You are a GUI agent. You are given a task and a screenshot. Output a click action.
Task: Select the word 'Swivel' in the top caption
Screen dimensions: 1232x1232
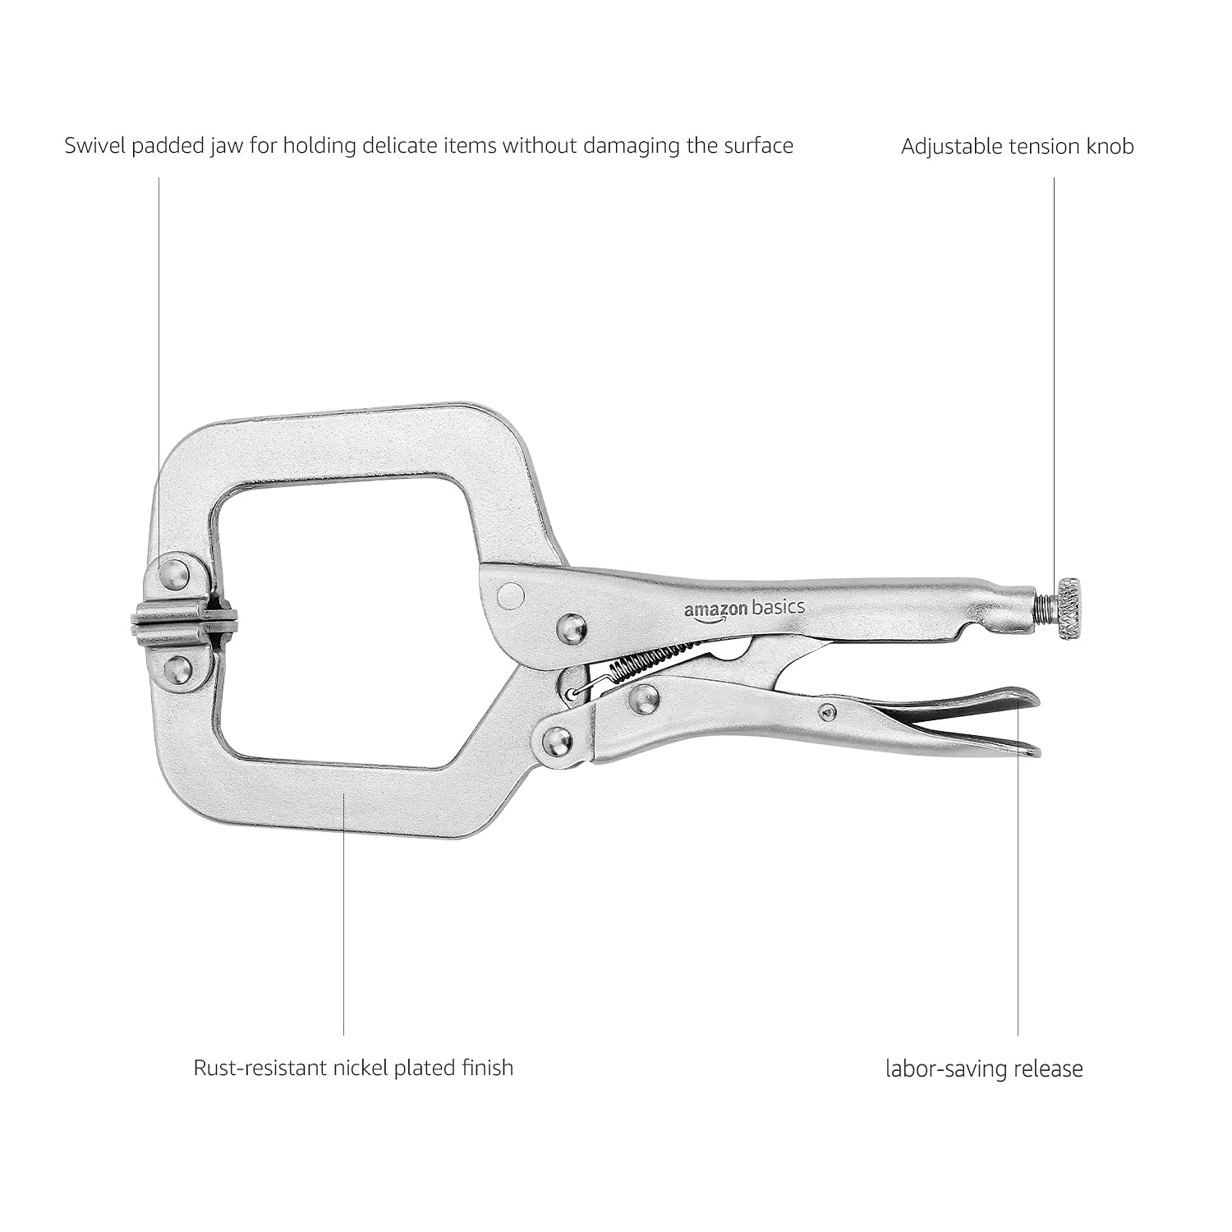tap(94, 146)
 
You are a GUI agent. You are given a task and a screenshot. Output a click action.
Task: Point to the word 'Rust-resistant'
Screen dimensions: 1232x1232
tap(259, 1068)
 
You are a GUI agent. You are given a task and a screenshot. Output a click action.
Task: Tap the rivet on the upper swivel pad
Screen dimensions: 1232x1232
tap(174, 574)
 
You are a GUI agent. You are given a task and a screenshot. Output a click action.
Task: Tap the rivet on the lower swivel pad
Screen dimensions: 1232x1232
tap(177, 670)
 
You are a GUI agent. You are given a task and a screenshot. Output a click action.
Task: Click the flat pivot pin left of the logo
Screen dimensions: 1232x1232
tap(511, 595)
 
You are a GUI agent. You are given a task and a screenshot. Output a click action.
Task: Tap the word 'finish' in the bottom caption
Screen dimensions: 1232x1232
tap(488, 1068)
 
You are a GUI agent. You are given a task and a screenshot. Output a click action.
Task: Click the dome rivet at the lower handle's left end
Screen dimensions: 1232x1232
tap(557, 740)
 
